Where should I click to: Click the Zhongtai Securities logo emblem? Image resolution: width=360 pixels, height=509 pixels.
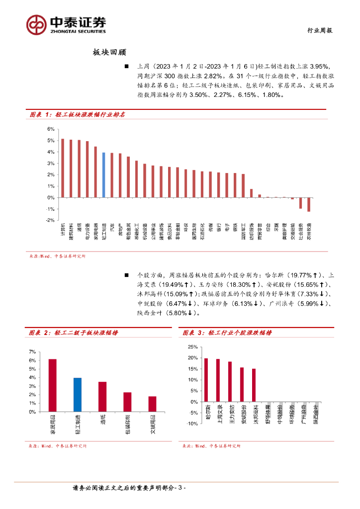tap(36, 24)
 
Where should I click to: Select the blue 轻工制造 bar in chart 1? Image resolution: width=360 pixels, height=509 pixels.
tap(103, 174)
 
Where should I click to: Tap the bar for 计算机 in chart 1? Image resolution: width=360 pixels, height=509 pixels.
tap(62, 168)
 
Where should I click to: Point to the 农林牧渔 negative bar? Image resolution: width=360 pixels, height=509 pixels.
tap(309, 204)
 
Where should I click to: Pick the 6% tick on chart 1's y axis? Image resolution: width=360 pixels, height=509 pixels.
tap(50, 129)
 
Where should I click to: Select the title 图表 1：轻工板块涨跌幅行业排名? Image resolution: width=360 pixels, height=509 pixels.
tap(77, 114)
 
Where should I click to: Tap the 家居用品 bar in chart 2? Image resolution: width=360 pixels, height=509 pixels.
tap(52, 385)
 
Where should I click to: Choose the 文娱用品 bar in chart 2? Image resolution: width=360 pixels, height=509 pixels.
tap(152, 404)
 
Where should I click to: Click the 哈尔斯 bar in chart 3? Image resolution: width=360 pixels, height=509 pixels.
tap(206, 380)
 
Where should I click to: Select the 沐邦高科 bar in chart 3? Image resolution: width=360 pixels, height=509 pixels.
tap(254, 385)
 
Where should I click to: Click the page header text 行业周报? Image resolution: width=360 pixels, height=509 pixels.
tap(318, 30)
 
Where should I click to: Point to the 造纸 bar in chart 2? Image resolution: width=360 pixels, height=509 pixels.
tap(102, 397)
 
